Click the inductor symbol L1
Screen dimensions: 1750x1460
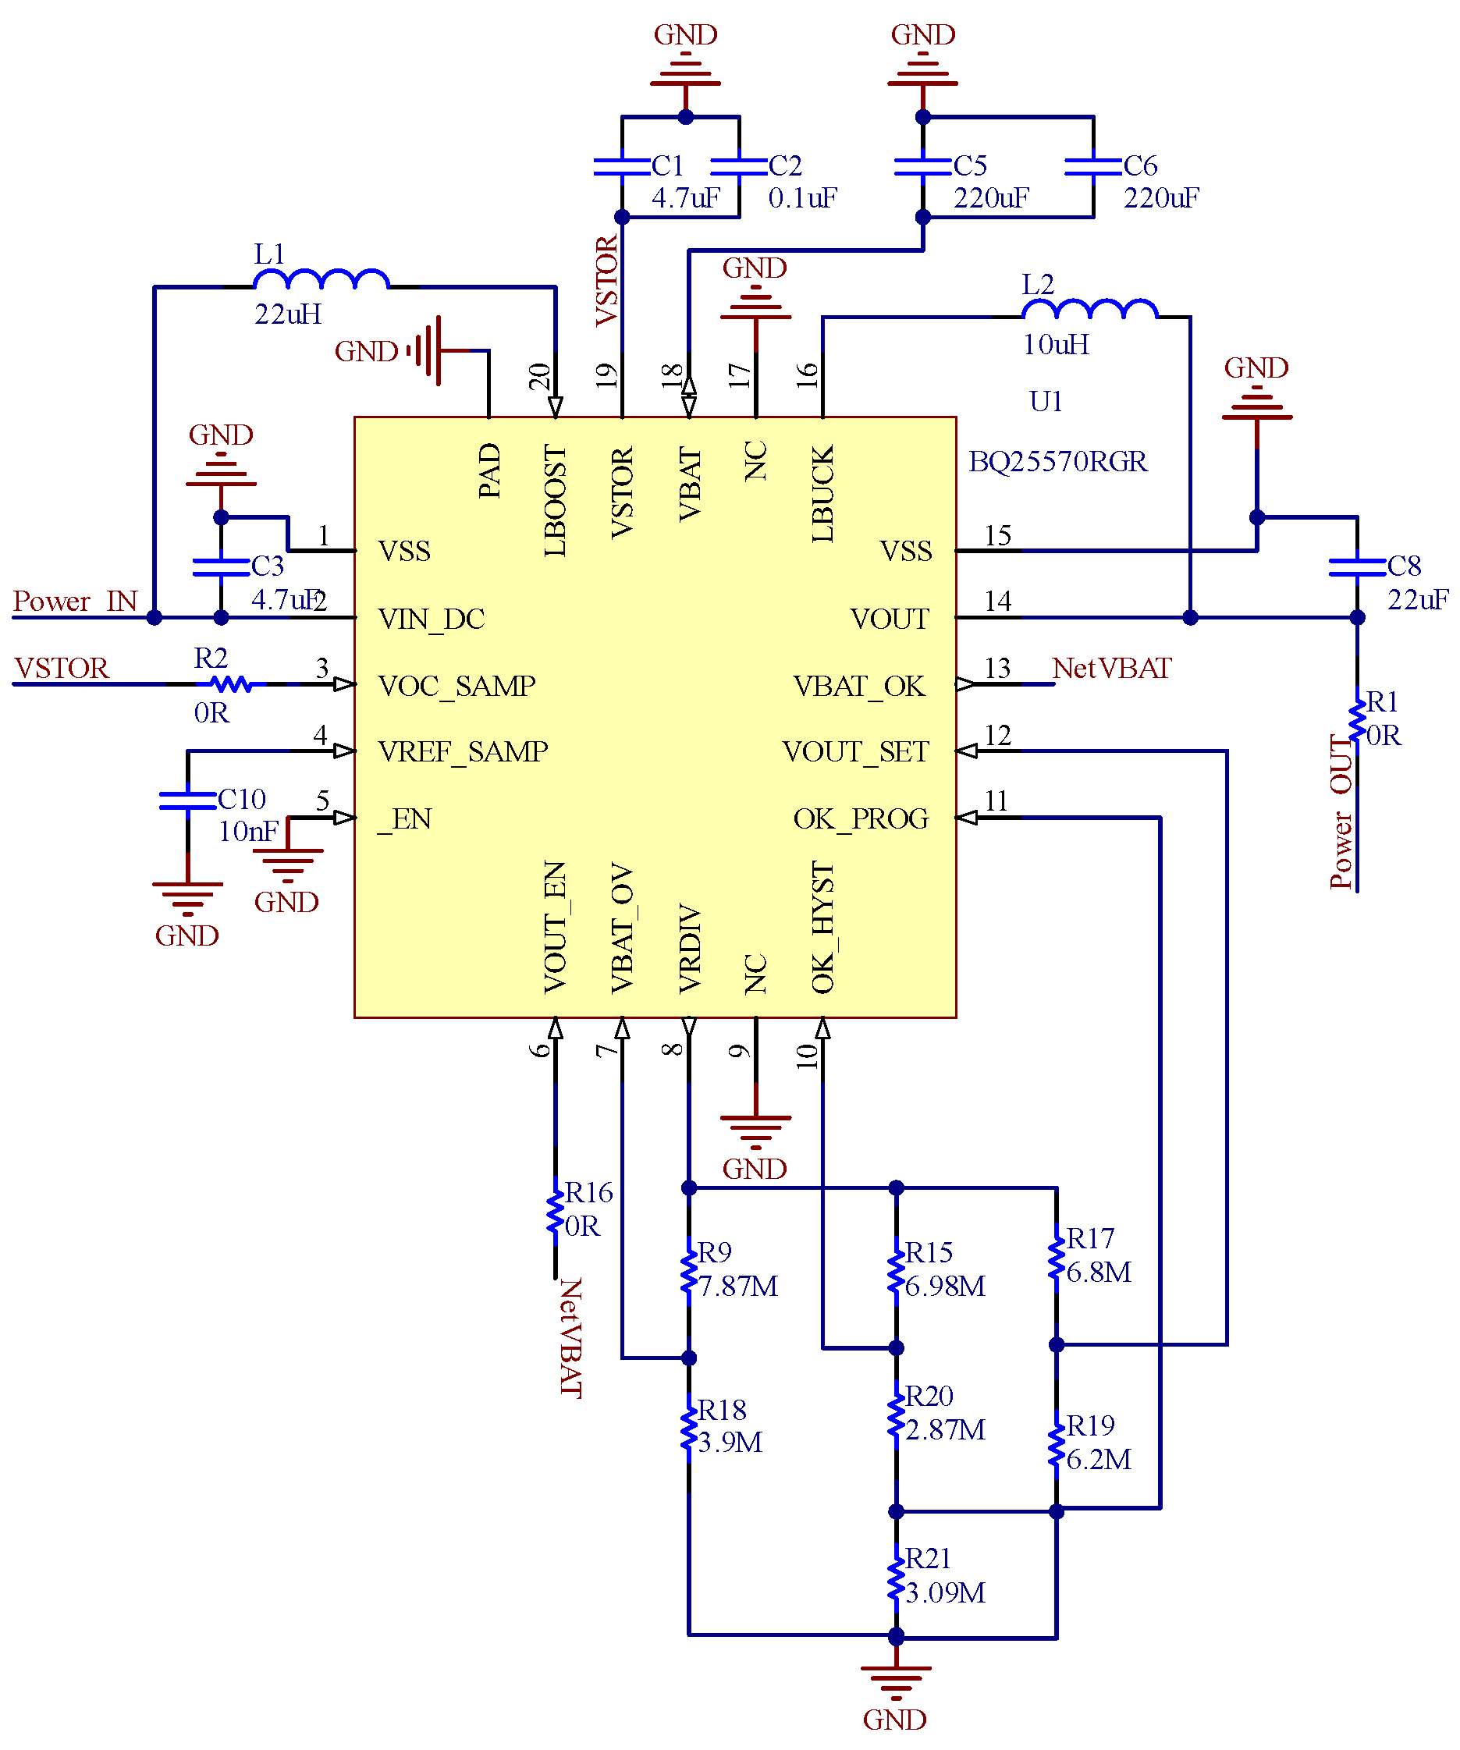pos(321,279)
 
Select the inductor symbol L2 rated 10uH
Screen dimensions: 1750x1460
pos(1089,309)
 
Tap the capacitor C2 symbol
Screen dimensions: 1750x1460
pos(739,167)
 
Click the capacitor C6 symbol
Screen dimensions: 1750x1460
pos(1092,167)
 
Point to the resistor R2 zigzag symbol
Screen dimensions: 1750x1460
pos(231,684)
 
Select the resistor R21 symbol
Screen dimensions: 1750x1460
pos(896,1576)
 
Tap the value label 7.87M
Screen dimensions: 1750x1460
pos(737,1286)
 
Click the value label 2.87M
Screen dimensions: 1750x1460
pos(945,1430)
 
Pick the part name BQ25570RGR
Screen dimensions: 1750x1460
pos(1057,462)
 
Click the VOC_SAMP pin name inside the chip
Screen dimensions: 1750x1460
pos(456,686)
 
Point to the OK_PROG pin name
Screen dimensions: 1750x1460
pos(860,819)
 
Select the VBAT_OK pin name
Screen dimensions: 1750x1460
pos(858,686)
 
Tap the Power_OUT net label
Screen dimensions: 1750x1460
pos(1341,811)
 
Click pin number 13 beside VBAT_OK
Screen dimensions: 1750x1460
pos(997,669)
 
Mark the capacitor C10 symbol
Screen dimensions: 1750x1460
pos(187,800)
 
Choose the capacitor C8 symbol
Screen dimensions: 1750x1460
pos(1357,566)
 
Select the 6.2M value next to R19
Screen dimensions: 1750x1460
pos(1099,1459)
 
